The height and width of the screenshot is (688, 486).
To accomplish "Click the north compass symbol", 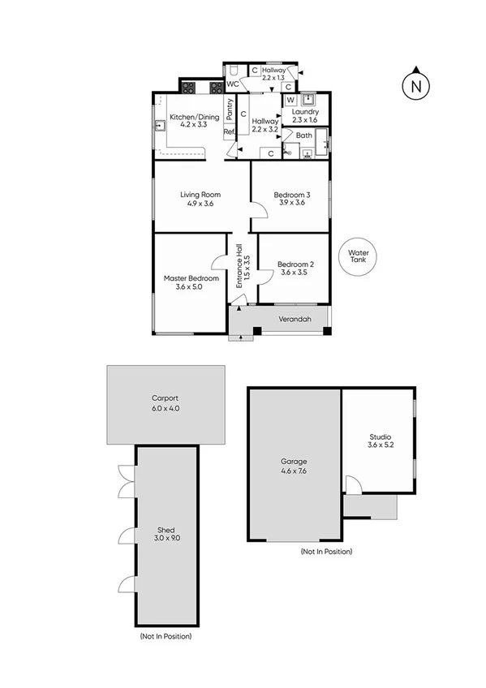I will pyautogui.click(x=416, y=84).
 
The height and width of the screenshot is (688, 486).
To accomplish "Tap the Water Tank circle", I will pyautogui.click(x=359, y=257).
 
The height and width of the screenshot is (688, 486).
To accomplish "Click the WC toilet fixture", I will pyautogui.click(x=232, y=71).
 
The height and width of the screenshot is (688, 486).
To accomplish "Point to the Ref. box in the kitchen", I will pyautogui.click(x=229, y=132).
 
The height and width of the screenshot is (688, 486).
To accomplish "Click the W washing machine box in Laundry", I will pyautogui.click(x=289, y=101).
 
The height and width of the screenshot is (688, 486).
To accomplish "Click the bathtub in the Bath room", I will pyautogui.click(x=322, y=146).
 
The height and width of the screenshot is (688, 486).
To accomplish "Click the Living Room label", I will pyautogui.click(x=200, y=195).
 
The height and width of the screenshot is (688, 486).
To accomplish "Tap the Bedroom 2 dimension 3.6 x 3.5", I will pyautogui.click(x=295, y=273).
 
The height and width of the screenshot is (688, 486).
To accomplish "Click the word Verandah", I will pyautogui.click(x=295, y=319).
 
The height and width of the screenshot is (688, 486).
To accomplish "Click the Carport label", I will pyautogui.click(x=165, y=398).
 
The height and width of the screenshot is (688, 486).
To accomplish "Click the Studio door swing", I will pyautogui.click(x=352, y=484).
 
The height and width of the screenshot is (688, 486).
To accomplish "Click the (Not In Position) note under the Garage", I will pyautogui.click(x=326, y=551).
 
